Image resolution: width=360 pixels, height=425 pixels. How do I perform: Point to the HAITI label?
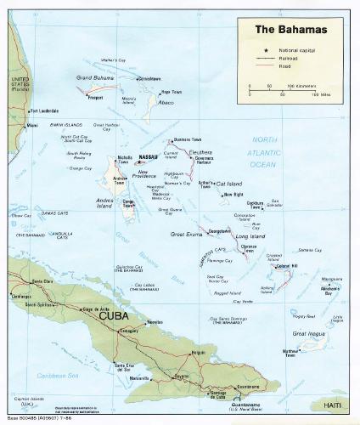[332, 404]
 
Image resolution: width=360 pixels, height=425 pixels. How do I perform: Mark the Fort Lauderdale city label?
[48, 110]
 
